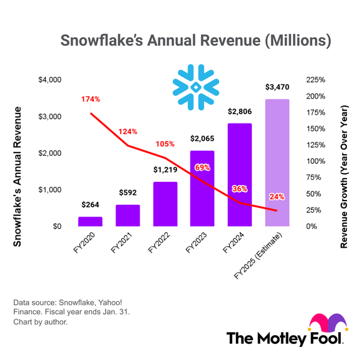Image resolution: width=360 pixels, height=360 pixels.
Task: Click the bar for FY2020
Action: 90,222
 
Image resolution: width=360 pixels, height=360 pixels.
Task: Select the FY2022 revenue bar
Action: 164,204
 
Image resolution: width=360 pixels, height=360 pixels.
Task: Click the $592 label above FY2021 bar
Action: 128,192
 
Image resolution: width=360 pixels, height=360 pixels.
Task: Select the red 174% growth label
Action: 90,99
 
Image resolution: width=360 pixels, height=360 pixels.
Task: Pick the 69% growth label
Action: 202,167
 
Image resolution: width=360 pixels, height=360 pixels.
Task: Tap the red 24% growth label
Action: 277,197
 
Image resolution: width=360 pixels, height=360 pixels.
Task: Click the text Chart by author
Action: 40,322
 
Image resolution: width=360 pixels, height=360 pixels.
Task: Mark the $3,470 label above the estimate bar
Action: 277,88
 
